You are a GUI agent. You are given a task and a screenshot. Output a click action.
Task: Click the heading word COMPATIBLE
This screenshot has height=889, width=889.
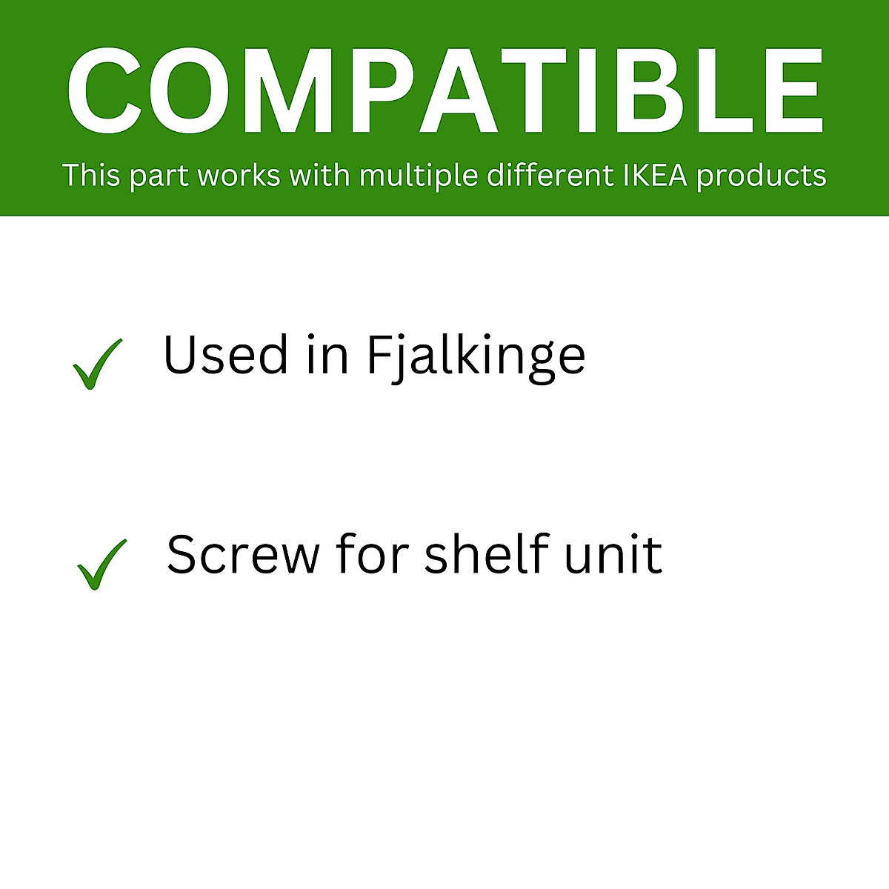tap(444, 91)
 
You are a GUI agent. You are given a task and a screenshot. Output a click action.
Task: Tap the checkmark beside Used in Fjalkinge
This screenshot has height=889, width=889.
tap(97, 364)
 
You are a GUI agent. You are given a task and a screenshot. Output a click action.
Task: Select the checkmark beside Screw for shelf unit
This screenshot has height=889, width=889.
tap(101, 564)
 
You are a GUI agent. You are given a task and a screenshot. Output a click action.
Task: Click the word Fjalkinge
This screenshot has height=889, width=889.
tap(476, 356)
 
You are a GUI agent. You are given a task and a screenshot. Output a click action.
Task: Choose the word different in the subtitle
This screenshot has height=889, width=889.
tap(550, 176)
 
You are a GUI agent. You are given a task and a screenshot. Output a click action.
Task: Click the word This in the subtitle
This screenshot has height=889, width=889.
tap(91, 176)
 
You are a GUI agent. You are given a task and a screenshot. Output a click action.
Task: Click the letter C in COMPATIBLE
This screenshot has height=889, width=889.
tap(104, 91)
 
